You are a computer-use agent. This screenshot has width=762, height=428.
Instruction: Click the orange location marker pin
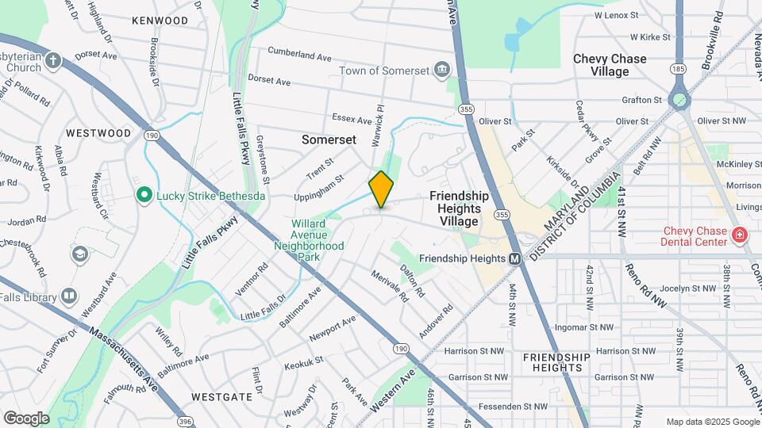point(381,189)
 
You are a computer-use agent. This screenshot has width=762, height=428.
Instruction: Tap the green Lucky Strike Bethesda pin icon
point(144,194)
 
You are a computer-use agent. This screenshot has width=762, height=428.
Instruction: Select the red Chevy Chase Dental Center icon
point(739,235)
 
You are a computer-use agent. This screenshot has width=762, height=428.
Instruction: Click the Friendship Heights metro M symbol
point(514,258)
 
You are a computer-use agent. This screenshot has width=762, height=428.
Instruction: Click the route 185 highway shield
point(677,70)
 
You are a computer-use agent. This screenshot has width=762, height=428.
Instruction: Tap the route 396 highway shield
point(185,422)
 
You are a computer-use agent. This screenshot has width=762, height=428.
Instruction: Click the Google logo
point(26,418)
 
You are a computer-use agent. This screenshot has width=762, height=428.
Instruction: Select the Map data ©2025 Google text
point(712,422)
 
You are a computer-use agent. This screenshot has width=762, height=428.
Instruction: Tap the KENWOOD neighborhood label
point(160,21)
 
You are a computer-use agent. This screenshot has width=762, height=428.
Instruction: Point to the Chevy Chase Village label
point(610,65)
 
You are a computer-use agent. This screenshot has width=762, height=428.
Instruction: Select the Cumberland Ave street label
point(298,57)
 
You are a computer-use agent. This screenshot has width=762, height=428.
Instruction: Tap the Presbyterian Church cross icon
point(53,60)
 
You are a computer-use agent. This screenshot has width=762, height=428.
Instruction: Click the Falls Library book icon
point(69,296)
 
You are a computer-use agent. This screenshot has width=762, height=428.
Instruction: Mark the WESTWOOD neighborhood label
point(98,133)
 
